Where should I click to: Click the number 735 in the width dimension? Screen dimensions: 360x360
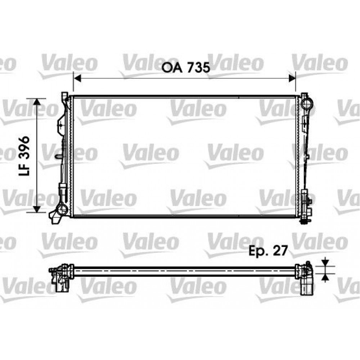coord(199,67)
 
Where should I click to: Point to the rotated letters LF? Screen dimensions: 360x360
coord(24,170)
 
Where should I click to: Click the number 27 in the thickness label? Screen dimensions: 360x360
coord(280,250)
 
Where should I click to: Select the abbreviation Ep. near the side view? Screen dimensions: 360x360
coord(258,251)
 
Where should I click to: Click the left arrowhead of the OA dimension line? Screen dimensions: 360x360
coord(78,78)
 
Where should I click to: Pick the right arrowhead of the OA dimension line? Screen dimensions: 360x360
coord(292,78)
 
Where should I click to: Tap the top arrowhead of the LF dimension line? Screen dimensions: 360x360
coord(37,102)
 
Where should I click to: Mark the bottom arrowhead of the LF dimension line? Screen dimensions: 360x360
coord(37,209)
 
